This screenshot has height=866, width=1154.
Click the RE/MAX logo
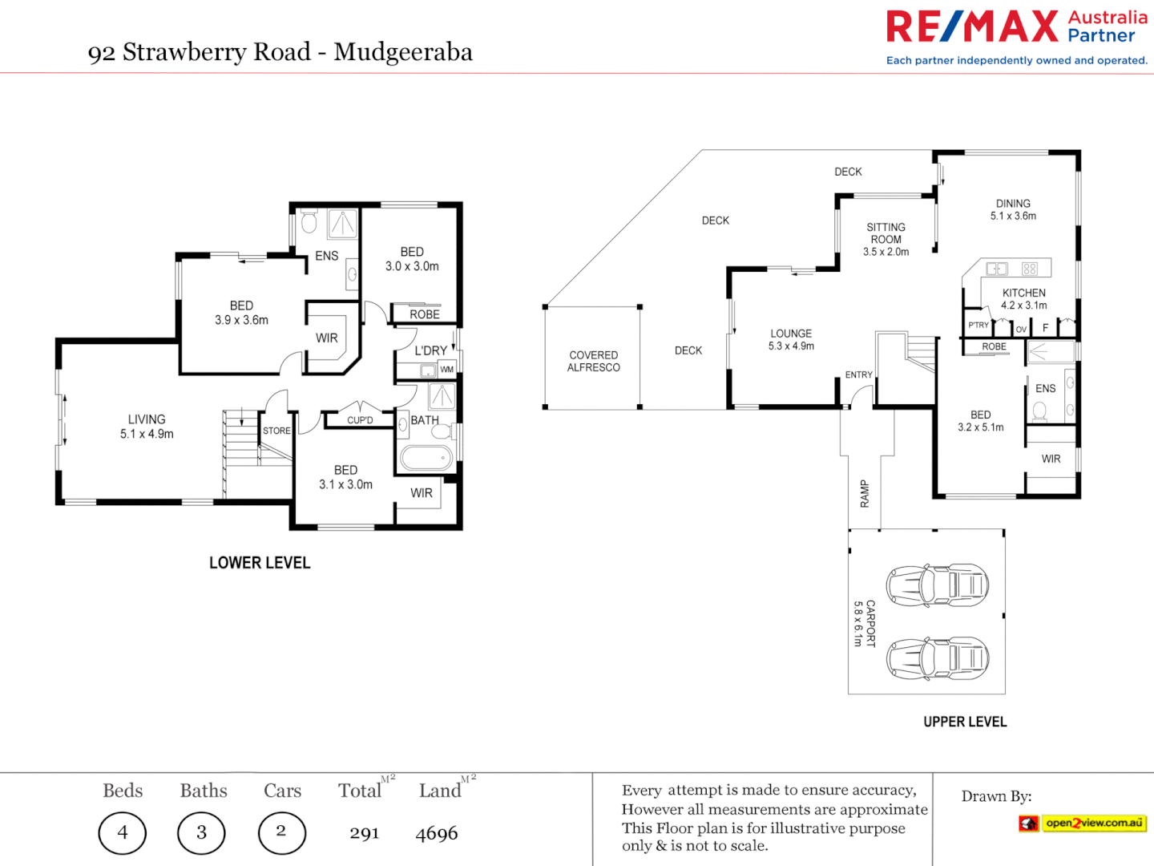pos(973,26)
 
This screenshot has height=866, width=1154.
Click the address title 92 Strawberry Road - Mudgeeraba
pos(280,52)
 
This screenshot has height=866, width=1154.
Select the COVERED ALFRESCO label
pos(593,362)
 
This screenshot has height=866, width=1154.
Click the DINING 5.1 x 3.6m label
pos(1013,209)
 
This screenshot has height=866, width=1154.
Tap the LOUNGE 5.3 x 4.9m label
pos(791,339)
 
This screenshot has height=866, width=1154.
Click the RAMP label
pos(865,493)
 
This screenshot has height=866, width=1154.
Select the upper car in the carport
pos(937,585)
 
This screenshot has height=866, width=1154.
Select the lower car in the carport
pos(937,658)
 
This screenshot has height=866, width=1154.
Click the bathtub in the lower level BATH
pos(426,459)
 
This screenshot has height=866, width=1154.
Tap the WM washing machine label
pos(446,370)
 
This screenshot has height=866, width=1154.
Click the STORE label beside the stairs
pos(276,431)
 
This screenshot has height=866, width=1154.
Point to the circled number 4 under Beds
pos(123,833)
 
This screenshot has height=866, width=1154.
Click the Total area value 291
pos(365,834)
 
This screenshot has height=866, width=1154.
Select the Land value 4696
pos(437,834)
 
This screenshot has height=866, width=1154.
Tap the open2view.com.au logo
pos(1083,823)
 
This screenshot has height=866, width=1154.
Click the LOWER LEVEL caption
pos(260,563)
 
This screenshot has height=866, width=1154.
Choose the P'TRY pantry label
pos(978,325)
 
